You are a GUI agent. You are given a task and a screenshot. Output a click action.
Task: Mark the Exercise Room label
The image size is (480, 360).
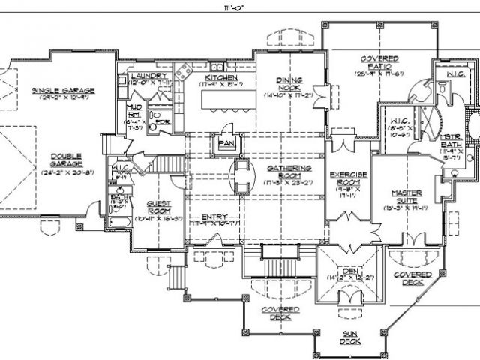pos(349,178)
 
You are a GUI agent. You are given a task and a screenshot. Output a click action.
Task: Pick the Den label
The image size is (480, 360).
pos(346,271)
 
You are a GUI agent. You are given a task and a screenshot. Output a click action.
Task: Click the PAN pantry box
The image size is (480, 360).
pos(226,142)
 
